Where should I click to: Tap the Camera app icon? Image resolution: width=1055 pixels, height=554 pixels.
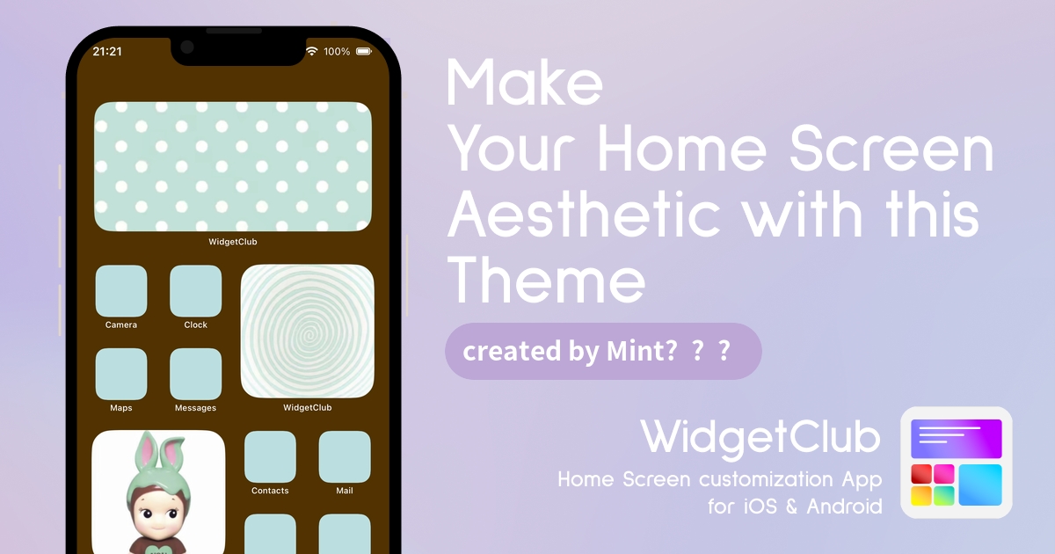(121, 291)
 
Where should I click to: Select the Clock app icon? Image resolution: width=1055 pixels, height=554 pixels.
(195, 291)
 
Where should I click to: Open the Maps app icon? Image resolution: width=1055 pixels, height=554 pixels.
(121, 374)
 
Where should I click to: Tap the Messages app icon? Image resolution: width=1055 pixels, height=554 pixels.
(195, 374)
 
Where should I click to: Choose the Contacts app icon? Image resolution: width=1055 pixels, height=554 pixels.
(270, 456)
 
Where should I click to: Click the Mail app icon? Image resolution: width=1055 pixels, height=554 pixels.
(345, 456)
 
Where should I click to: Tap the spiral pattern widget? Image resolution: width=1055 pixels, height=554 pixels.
(307, 332)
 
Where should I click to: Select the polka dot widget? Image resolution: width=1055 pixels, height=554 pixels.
(233, 166)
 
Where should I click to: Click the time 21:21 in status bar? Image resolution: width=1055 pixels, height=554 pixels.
(107, 51)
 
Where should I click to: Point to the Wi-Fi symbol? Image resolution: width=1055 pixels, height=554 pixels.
(311, 51)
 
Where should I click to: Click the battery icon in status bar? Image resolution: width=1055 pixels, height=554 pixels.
(364, 51)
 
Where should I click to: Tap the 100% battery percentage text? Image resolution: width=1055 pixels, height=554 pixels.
(337, 51)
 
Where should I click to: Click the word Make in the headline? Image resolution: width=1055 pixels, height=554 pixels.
(524, 82)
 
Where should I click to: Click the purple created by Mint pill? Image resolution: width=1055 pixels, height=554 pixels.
(603, 352)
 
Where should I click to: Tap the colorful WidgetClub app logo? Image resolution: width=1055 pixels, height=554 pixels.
(957, 463)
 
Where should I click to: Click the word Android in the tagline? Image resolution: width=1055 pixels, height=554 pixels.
(844, 507)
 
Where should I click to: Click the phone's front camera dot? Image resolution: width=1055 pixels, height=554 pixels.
(187, 47)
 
